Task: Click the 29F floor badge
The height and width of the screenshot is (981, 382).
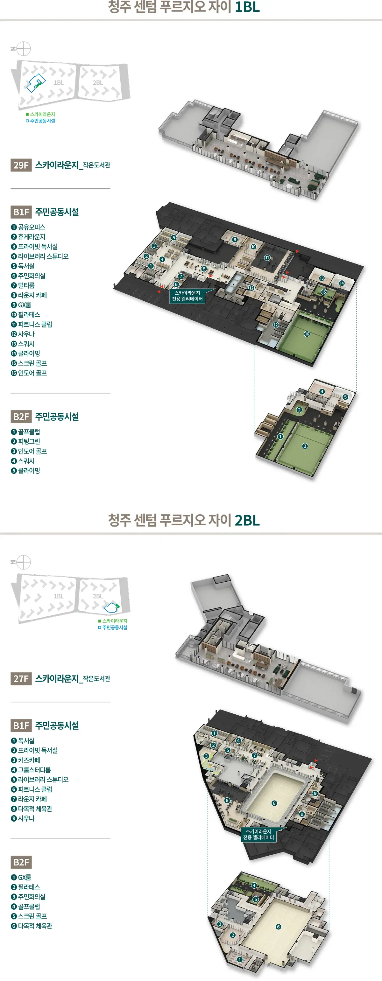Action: click(x=21, y=165)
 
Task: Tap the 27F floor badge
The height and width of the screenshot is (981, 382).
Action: click(x=21, y=678)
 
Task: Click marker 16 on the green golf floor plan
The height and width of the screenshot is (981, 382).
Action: click(x=307, y=334)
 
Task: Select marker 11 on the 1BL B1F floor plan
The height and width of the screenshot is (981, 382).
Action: click(x=267, y=258)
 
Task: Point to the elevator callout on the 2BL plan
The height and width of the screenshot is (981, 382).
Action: click(x=258, y=834)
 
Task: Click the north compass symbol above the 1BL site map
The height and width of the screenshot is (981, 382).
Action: click(x=23, y=49)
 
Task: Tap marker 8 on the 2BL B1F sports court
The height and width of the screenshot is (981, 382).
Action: click(x=274, y=803)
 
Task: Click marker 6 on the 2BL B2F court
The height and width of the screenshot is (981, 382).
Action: click(x=279, y=927)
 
